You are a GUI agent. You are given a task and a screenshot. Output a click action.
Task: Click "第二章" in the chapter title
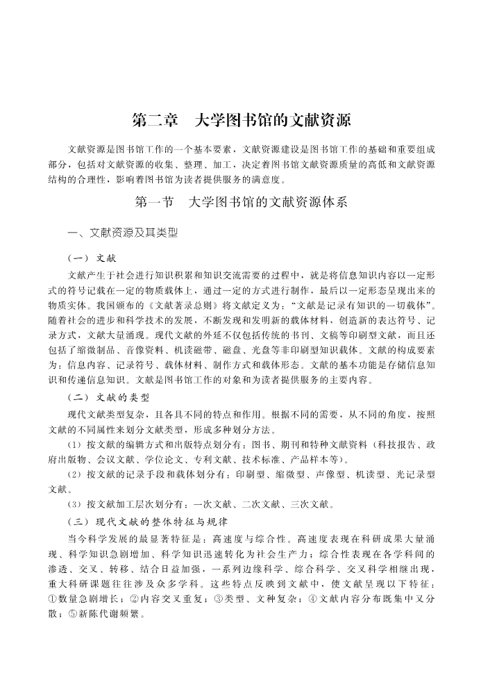[x=155, y=120]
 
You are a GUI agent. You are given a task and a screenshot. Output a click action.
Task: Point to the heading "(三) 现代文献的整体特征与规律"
[x=148, y=521]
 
